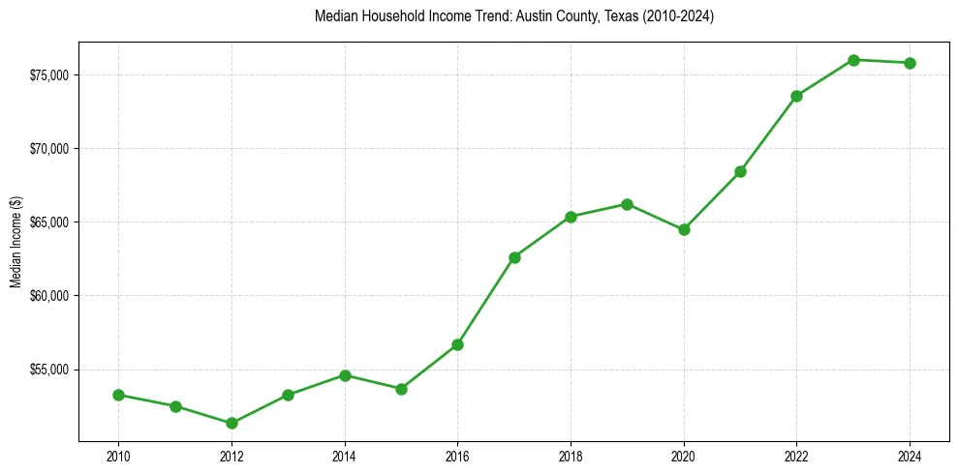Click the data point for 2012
click(232, 423)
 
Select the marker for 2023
click(853, 60)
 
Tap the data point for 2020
click(684, 229)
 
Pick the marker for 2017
click(514, 257)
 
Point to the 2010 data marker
click(118, 395)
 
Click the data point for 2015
click(401, 389)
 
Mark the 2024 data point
click(911, 63)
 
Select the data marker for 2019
click(627, 204)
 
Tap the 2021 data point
click(740, 171)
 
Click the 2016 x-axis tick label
click(457, 455)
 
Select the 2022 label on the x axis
click(796, 455)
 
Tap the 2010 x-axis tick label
click(118, 455)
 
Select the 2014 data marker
click(345, 375)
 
